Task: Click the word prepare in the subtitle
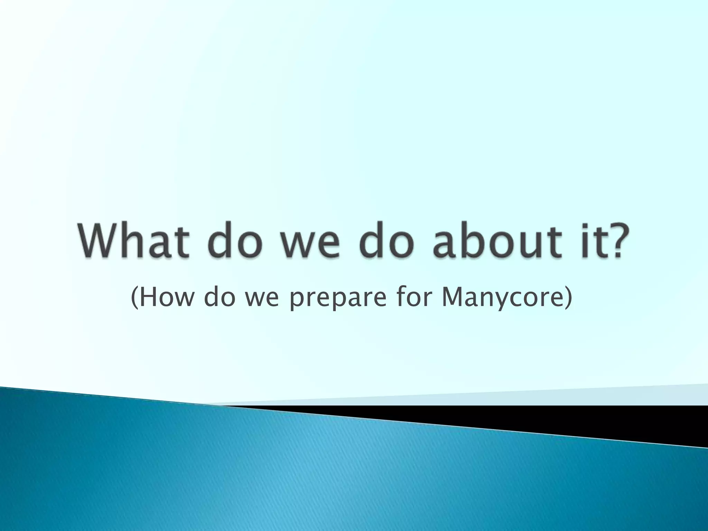coord(337,299)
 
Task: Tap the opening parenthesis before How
coord(134,298)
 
